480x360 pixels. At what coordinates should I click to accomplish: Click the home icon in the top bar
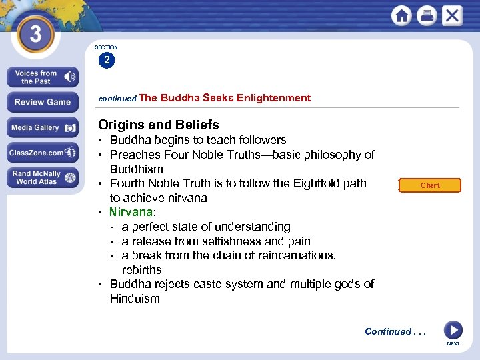click(402, 15)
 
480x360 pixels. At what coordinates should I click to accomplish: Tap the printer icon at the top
click(427, 15)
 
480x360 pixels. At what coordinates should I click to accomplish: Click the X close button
click(451, 15)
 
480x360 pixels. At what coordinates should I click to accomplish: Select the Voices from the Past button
click(43, 77)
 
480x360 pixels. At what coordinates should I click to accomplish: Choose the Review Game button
click(43, 102)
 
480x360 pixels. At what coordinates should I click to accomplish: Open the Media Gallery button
click(43, 127)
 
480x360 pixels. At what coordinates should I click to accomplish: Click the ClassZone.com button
click(43, 153)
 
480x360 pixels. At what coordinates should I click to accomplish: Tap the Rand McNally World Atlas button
click(43, 177)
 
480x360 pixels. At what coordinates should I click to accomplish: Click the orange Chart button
click(430, 185)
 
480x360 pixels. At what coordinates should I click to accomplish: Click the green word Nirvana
click(131, 212)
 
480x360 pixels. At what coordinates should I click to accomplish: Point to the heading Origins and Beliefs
click(158, 125)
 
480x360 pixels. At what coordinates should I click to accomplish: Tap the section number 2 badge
click(107, 61)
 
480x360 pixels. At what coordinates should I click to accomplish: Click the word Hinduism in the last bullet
click(135, 299)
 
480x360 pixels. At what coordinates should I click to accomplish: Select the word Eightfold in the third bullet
click(292, 183)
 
